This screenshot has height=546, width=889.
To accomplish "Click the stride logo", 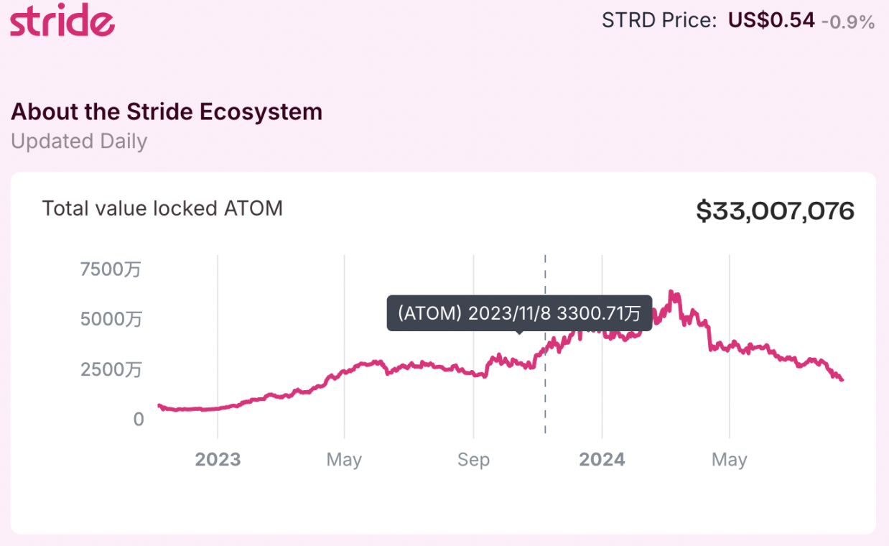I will [x=62, y=21].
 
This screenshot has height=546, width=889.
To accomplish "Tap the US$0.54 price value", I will [x=771, y=20].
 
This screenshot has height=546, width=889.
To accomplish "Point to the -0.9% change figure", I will [x=847, y=22].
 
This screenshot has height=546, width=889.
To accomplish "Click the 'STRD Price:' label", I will [x=659, y=21].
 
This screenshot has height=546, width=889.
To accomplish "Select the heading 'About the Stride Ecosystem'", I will [x=167, y=112].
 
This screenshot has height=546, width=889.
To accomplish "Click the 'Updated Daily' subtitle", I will [x=79, y=141].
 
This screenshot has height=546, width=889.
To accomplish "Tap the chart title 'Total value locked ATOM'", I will [x=162, y=208].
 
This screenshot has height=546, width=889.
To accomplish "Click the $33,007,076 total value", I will [x=775, y=211].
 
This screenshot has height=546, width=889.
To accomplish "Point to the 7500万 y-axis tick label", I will [x=111, y=269].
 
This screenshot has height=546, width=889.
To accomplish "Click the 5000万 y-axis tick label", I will [x=111, y=319].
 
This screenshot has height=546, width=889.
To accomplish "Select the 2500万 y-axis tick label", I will [x=111, y=369].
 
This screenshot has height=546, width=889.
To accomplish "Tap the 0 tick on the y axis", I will [x=139, y=420].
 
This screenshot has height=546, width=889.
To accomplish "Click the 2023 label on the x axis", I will [x=218, y=460].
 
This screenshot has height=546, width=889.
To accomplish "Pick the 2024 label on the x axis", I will [x=602, y=460].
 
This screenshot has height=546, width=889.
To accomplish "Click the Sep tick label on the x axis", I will [x=473, y=460].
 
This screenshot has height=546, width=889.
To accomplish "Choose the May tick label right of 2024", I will [x=730, y=460].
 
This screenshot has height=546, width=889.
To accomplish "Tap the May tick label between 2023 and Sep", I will [x=344, y=460].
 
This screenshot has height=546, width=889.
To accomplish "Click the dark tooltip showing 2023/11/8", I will [x=519, y=313].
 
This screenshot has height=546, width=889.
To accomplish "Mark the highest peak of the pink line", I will [x=671, y=292].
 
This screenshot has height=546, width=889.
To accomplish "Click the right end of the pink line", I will [x=842, y=379].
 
